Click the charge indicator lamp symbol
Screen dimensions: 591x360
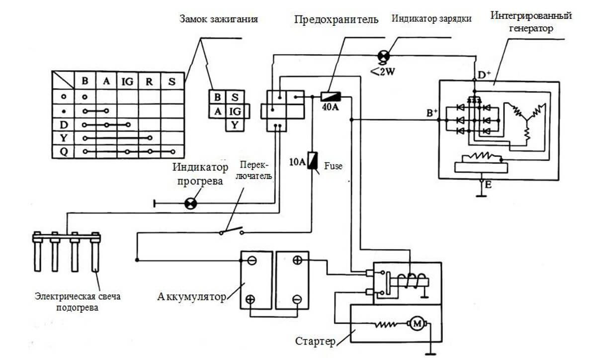pyautogui.click(x=383, y=57)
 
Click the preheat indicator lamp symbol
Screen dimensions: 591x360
pyautogui.click(x=191, y=204)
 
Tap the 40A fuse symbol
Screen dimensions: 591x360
pyautogui.click(x=331, y=97)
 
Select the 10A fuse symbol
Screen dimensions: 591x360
pyautogui.click(x=313, y=161)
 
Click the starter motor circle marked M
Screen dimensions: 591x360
pyautogui.click(x=417, y=323)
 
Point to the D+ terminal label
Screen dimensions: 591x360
pyautogui.click(x=484, y=75)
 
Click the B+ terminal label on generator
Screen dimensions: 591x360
pyautogui.click(x=432, y=112)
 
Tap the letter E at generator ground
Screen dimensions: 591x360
pyautogui.click(x=488, y=184)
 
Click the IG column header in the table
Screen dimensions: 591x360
pyautogui.click(x=127, y=81)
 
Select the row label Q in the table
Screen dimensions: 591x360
pyautogui.click(x=64, y=152)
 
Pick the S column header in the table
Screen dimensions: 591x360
pyautogui.click(x=172, y=81)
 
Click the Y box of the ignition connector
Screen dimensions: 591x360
pyautogui.click(x=235, y=125)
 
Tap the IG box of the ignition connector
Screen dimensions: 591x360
pyautogui.click(x=235, y=111)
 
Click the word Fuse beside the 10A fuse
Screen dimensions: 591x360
pyautogui.click(x=333, y=166)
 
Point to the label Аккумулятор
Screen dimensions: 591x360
pyautogui.click(x=191, y=297)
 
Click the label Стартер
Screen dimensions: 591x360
pyautogui.click(x=315, y=342)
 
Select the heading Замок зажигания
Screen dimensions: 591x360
pyautogui.click(x=219, y=19)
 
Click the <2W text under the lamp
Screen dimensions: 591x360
pyautogui.click(x=383, y=71)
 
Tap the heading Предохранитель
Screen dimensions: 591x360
pyautogui.click(x=336, y=19)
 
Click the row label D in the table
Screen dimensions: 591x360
pyautogui.click(x=64, y=124)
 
